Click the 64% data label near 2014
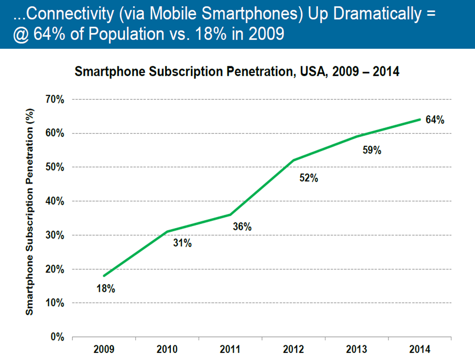[x=435, y=120]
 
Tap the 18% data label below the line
[x=106, y=288]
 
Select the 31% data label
[x=182, y=243]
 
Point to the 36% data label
[x=242, y=227]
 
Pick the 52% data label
[x=309, y=178]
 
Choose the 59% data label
[x=372, y=150]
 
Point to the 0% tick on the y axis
[x=58, y=337]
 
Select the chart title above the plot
[x=237, y=72]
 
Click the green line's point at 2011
[x=230, y=214]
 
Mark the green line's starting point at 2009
[x=104, y=276]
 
